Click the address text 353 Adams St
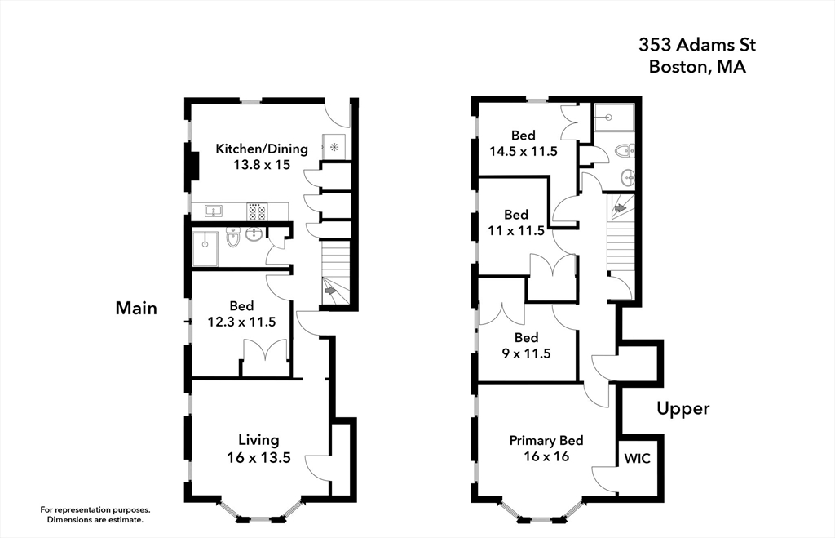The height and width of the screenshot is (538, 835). tap(697, 45)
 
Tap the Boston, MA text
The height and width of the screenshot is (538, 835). tap(697, 67)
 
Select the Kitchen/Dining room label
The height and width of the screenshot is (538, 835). tap(262, 149)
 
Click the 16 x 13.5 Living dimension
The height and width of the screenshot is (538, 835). tap(258, 457)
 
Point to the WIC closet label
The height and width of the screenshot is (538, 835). tap(637, 459)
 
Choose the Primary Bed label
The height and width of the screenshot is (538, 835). tap(546, 440)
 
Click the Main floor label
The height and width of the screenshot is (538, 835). tap(136, 309)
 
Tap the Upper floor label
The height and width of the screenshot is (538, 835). tap(683, 408)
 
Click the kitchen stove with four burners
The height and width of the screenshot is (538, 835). tap(257, 211)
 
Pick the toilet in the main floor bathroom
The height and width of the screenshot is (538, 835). tap(233, 238)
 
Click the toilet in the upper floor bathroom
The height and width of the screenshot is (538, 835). tap(624, 151)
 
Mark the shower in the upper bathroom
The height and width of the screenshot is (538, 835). tap(614, 118)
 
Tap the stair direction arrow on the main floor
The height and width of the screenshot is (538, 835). tap(330, 291)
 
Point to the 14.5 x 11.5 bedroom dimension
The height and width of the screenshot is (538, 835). tap(523, 151)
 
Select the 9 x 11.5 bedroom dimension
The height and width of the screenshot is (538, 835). tap(526, 353)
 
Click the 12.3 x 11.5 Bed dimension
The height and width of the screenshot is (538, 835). tap(241, 322)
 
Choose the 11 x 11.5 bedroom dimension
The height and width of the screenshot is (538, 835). tap(516, 231)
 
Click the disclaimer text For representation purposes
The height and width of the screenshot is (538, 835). tap(95, 509)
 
